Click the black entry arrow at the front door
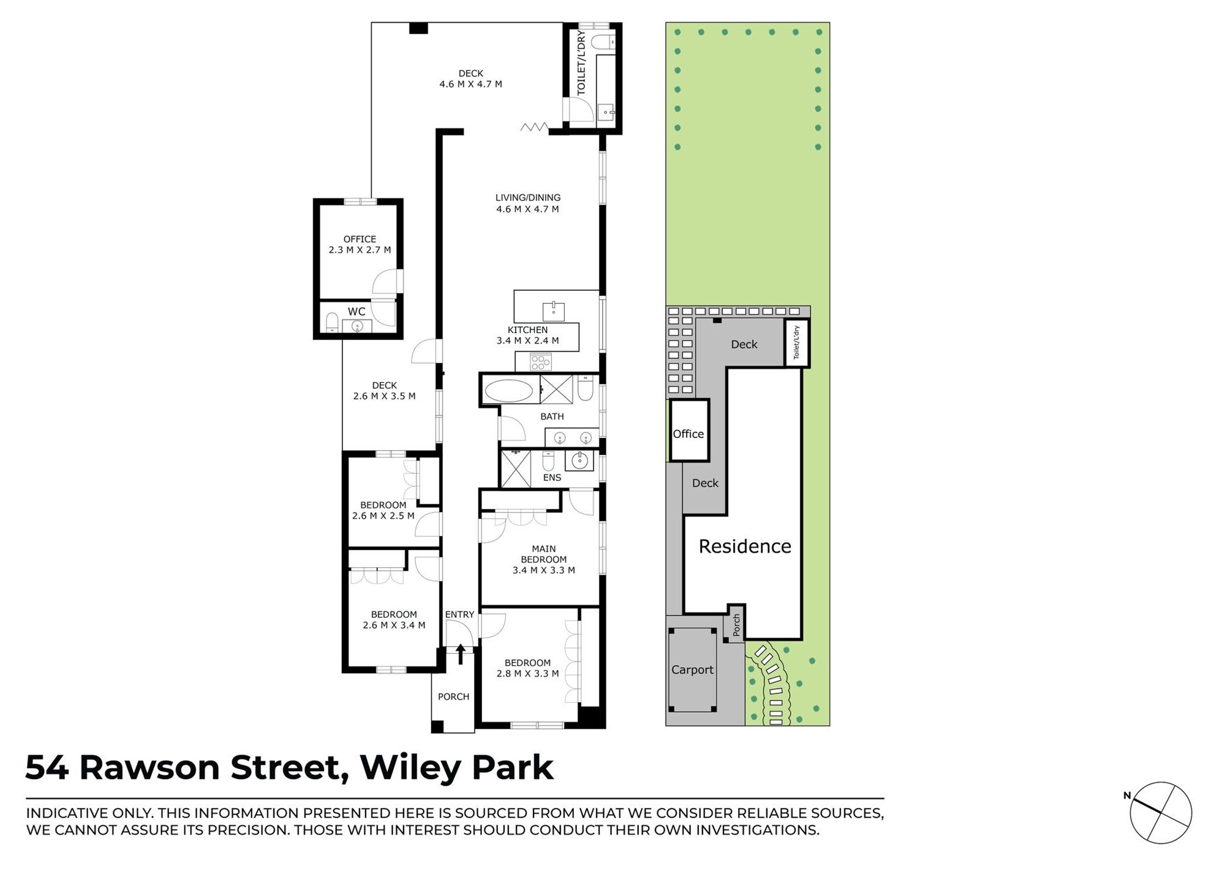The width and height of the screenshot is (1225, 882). tap(461, 654)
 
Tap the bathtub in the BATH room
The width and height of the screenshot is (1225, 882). tap(510, 391)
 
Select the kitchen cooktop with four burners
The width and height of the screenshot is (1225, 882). tap(541, 362)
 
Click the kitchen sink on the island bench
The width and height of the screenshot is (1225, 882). tap(554, 311)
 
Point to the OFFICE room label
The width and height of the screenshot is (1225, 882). tap(360, 239)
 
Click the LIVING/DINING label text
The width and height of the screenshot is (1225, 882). tap(528, 198)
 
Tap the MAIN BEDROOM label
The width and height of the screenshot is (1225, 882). tap(544, 554)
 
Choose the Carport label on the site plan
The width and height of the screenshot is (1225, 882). tap(692, 669)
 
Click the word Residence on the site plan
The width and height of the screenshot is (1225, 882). tap(745, 546)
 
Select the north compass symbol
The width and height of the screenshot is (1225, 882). tap(1161, 813)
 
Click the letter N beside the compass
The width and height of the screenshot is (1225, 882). tap(1127, 796)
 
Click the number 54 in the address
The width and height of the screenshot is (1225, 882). tap(47, 768)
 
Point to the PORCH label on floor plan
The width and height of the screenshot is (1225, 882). tap(453, 696)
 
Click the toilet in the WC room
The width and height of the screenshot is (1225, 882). tap(332, 322)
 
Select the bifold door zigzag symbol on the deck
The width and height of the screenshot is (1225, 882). tap(534, 127)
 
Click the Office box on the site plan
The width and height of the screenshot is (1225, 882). tap(689, 430)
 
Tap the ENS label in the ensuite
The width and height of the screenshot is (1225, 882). tap(552, 477)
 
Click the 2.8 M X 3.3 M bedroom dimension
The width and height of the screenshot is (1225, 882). tap(527, 674)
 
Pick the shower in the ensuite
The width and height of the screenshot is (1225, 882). tap(516, 469)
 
